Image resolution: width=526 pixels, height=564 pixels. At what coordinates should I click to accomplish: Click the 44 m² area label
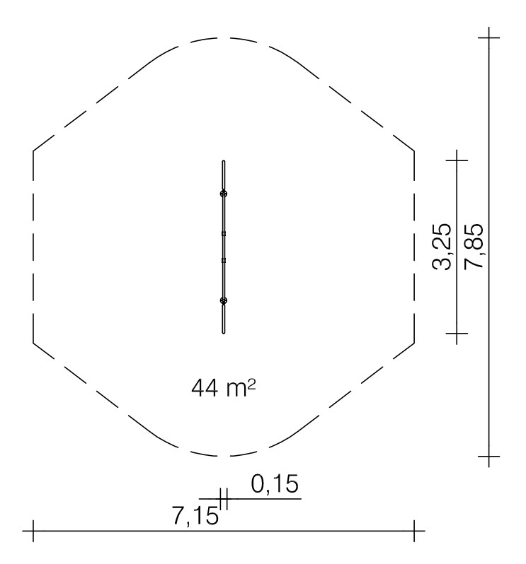pos(224,388)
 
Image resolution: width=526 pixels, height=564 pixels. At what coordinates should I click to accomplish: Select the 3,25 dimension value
pos(441,247)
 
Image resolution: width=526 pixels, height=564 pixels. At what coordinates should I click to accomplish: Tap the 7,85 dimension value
pos(473,246)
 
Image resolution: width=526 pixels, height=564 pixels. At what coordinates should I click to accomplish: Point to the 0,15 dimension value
pos(275,484)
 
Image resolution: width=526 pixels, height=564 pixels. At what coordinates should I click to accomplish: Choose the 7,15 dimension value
pos(195,515)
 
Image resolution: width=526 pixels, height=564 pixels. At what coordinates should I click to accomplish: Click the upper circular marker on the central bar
pos(224,194)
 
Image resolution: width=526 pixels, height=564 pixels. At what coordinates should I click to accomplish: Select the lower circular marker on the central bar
pos(224,300)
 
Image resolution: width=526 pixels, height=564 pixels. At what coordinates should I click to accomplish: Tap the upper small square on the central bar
pos(224,234)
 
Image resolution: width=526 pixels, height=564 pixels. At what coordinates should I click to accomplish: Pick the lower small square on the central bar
pos(224,260)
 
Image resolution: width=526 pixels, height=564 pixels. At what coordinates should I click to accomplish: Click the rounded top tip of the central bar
pos(224,161)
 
